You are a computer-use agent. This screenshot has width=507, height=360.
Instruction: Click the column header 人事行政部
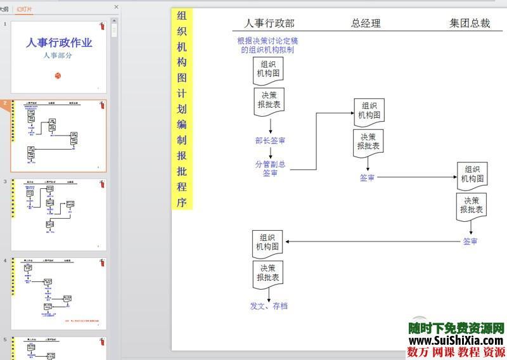(x=269, y=23)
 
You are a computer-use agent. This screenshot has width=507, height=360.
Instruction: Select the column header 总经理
(x=366, y=23)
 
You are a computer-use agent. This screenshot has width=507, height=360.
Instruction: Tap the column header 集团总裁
(x=470, y=23)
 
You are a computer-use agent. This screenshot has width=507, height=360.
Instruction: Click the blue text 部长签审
(x=270, y=141)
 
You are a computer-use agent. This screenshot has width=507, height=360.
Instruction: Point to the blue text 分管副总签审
(x=270, y=169)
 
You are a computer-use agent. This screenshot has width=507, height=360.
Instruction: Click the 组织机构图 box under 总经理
(x=369, y=111)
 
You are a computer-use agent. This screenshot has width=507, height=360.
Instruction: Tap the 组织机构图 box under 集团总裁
(x=472, y=175)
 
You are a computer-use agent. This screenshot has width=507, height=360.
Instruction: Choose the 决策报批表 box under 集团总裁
(x=472, y=206)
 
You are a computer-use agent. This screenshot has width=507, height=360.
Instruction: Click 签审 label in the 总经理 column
(x=368, y=178)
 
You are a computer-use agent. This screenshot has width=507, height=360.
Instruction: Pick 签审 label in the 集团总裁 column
(x=470, y=241)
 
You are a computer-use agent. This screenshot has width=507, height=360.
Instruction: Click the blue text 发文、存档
(x=269, y=306)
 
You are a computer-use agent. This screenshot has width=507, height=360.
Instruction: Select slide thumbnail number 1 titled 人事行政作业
(x=59, y=56)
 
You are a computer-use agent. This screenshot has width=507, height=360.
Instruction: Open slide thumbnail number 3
(x=59, y=214)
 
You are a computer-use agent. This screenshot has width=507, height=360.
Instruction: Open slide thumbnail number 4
(x=59, y=293)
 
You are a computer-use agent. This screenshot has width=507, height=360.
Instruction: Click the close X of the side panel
(x=116, y=7)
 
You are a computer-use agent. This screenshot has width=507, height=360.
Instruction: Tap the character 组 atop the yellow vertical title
(x=182, y=16)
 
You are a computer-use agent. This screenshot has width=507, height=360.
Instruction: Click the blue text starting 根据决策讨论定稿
(x=267, y=46)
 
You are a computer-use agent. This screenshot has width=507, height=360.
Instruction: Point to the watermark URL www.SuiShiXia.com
(x=455, y=340)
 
